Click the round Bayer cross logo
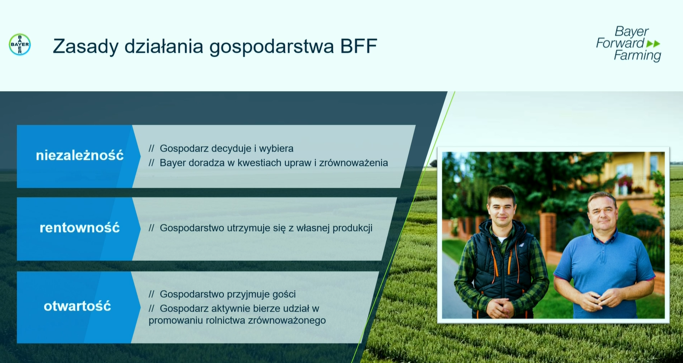(x=20, y=44)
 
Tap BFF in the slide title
(x=358, y=46)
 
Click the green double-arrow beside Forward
(x=653, y=44)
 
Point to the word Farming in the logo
(x=637, y=55)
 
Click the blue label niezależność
(x=80, y=155)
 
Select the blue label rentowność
(x=80, y=228)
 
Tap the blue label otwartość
(x=77, y=306)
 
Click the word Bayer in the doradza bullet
(x=173, y=163)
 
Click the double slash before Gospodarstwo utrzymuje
(x=151, y=228)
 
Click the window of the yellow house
(x=625, y=170)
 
